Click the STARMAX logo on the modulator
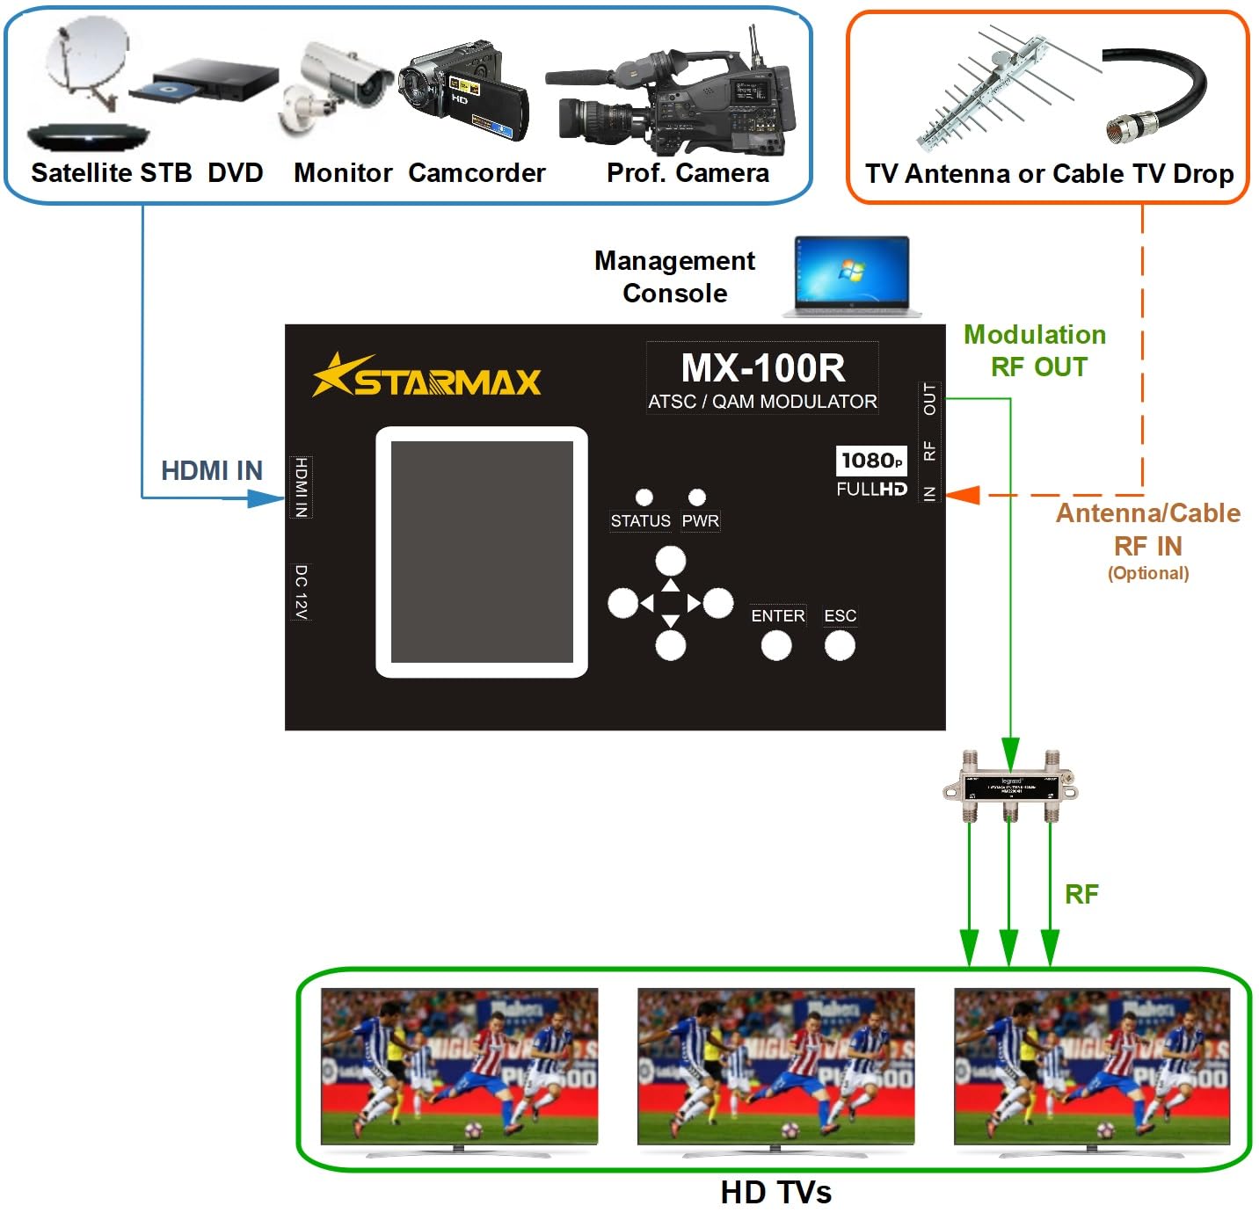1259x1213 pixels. pyautogui.click(x=427, y=376)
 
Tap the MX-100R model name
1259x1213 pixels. pyautogui.click(x=762, y=368)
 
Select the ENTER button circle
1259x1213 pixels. pyautogui.click(x=776, y=646)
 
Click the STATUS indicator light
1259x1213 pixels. pyautogui.click(x=644, y=498)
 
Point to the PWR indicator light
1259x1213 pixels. pyautogui.click(x=697, y=498)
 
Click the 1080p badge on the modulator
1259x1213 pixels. pyautogui.click(x=870, y=461)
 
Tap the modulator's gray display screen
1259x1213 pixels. pyautogui.click(x=482, y=552)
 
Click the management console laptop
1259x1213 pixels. pyautogui.click(x=851, y=276)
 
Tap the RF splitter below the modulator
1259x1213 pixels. pyautogui.click(x=1009, y=786)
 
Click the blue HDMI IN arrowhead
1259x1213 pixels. pyautogui.click(x=265, y=498)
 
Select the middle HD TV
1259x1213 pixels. pyautogui.click(x=775, y=1067)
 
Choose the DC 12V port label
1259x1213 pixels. pyautogui.click(x=301, y=592)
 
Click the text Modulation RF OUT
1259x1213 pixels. pyautogui.click(x=1036, y=350)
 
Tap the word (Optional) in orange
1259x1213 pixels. pyautogui.click(x=1148, y=573)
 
